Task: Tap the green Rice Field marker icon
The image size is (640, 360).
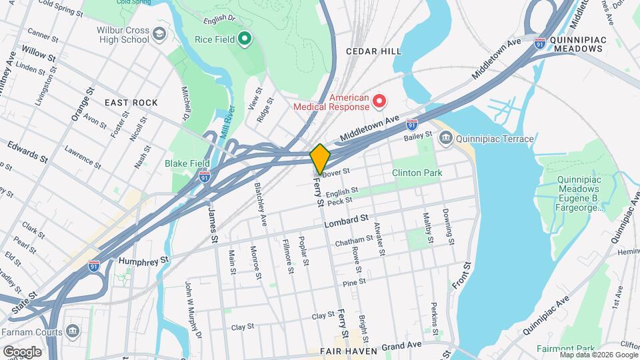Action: [244, 39]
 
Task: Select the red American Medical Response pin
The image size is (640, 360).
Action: [379, 101]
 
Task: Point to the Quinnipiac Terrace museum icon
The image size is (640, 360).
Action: [445, 139]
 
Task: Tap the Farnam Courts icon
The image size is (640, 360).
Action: [73, 331]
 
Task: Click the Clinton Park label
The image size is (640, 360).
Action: [416, 173]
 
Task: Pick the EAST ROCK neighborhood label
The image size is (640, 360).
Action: [131, 103]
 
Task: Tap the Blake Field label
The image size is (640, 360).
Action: [187, 163]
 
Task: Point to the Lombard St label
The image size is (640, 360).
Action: [346, 218]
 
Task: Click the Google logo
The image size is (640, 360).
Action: [22, 351]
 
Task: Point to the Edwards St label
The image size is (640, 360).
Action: [27, 152]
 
